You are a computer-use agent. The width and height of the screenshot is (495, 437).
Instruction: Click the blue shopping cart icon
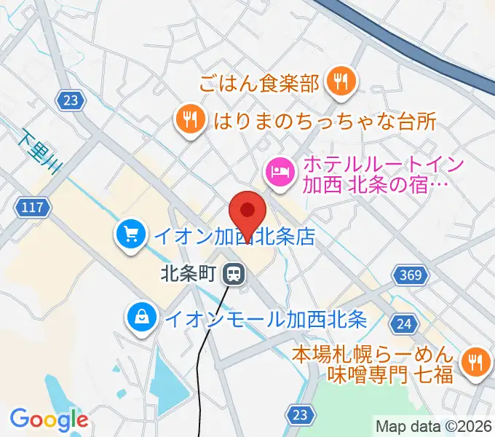click(x=131, y=235)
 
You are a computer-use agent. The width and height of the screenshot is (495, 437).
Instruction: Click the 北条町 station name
click(x=191, y=275)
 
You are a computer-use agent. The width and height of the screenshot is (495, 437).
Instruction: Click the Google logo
click(x=48, y=419)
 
